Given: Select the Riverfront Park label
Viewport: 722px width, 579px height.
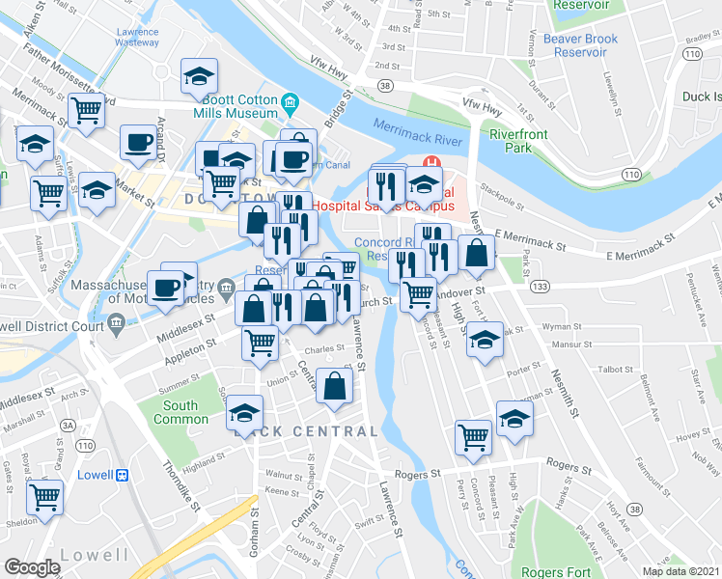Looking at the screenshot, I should click(x=512, y=141).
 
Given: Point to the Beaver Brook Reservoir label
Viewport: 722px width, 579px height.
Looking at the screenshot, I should click(x=579, y=44).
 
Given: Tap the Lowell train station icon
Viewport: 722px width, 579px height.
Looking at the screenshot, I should click(x=123, y=475).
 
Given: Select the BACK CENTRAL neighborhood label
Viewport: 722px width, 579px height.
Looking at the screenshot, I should click(x=306, y=431).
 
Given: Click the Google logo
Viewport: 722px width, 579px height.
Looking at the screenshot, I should click(x=32, y=567).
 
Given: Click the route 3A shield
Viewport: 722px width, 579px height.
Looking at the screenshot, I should click(x=68, y=424).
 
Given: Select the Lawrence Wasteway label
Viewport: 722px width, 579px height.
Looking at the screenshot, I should click(x=137, y=38).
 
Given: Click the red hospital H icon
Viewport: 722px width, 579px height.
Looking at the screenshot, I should click(x=433, y=162).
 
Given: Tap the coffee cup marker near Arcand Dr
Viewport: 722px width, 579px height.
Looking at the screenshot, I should click(x=138, y=142).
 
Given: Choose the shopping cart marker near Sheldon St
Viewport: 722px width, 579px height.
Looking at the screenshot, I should click(x=45, y=498).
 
